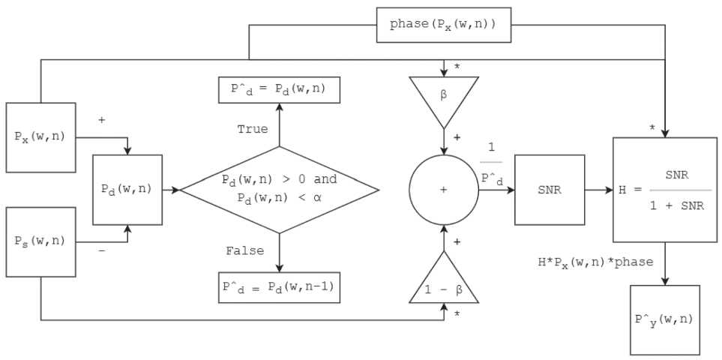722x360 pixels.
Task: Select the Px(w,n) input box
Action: click(x=40, y=138)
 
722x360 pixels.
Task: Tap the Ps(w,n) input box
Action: click(x=40, y=241)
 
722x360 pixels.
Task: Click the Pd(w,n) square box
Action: click(x=127, y=190)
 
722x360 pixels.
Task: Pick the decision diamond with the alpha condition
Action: click(x=279, y=190)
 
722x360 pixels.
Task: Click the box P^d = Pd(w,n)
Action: click(x=279, y=90)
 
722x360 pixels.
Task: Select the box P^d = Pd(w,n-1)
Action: click(x=279, y=287)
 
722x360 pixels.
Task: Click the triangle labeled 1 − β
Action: click(x=443, y=281)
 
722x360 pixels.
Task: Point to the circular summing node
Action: click(x=443, y=190)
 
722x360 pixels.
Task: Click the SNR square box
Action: click(x=549, y=190)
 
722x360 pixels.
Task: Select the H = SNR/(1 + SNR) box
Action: click(x=664, y=190)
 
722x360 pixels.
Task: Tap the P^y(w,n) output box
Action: click(x=664, y=319)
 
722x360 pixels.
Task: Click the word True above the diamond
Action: click(x=252, y=129)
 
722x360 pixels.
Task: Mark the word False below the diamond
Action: click(x=244, y=251)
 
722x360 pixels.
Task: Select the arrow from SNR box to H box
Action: click(x=598, y=190)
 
